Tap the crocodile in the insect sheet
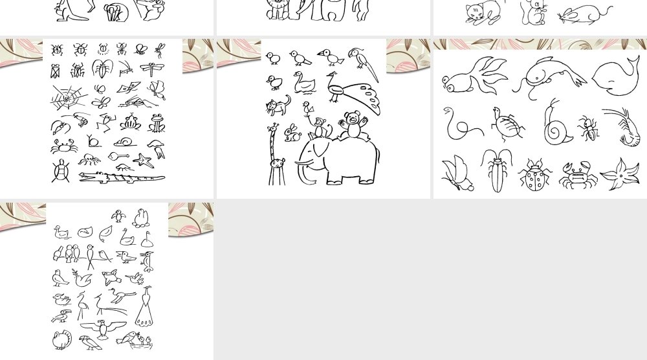tap(121, 177)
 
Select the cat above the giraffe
tap(278, 105)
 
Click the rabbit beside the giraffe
tap(292, 133)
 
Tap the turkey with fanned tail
tap(62, 340)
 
